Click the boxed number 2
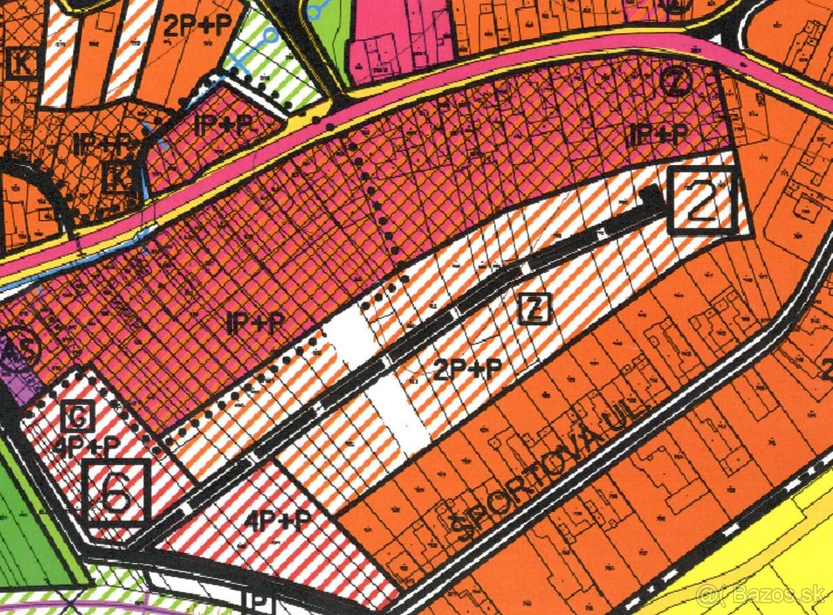tap(702, 201)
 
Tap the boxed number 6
tap(116, 492)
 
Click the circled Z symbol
tap(675, 83)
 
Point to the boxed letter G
tap(78, 417)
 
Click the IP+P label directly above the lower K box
tap(104, 145)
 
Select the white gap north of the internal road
tap(351, 336)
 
